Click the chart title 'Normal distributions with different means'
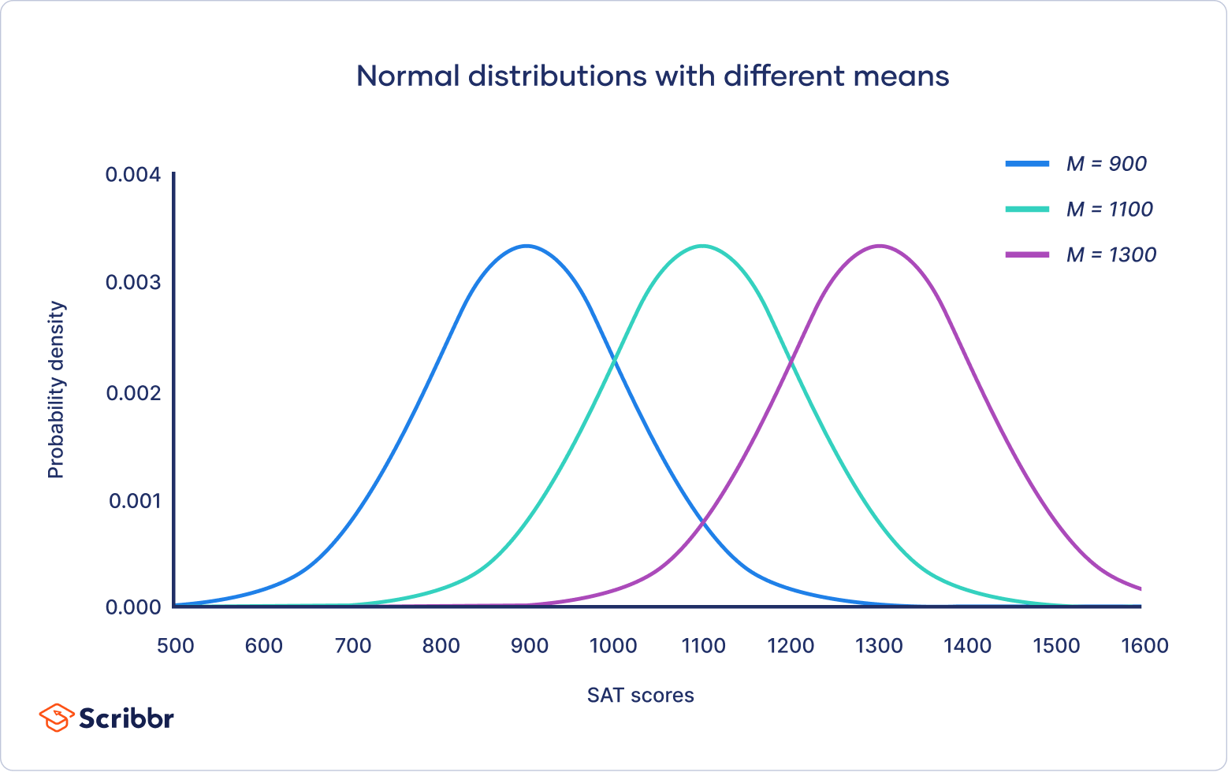click(653, 76)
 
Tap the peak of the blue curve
click(527, 246)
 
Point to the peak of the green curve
click(702, 246)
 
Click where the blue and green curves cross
click(614, 361)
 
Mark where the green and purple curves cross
click(791, 361)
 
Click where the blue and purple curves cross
click(702, 521)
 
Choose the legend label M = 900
click(1106, 164)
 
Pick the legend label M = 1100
click(1109, 210)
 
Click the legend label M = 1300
click(1111, 255)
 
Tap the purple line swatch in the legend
click(1027, 255)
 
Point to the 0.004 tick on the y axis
click(133, 174)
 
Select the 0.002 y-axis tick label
click(133, 392)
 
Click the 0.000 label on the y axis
click(133, 607)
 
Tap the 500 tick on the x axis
click(175, 646)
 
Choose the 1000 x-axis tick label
click(613, 646)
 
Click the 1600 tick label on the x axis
click(1144, 646)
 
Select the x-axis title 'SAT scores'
click(640, 696)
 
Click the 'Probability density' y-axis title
click(56, 390)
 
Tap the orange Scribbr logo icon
click(55, 718)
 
